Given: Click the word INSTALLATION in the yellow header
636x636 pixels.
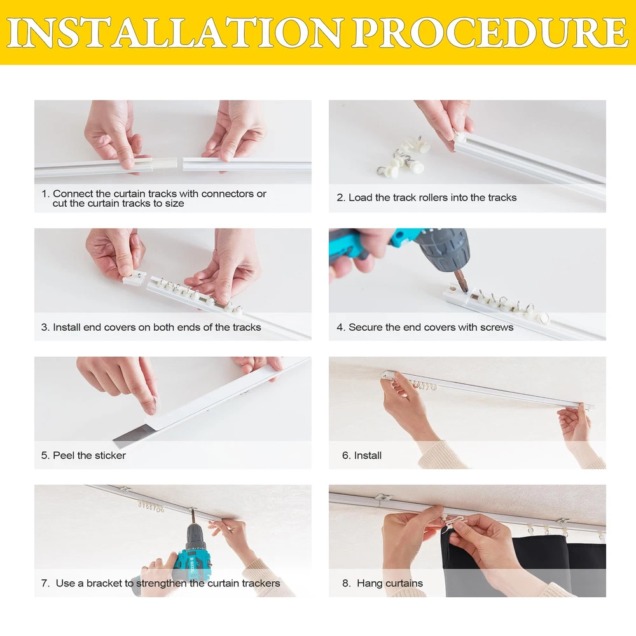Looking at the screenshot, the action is click(174, 32).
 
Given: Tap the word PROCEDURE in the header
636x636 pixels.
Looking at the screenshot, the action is click(490, 32).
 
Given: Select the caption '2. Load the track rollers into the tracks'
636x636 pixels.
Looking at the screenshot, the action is click(427, 198).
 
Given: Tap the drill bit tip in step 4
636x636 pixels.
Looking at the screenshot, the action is click(466, 291).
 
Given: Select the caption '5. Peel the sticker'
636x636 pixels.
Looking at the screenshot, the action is click(83, 455).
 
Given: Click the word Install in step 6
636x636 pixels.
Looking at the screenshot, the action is click(368, 455).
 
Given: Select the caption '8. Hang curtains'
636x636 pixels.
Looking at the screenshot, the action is click(382, 583).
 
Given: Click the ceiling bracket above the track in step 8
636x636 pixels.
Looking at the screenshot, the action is click(382, 497).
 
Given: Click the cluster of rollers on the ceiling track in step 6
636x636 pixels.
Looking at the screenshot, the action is click(422, 385).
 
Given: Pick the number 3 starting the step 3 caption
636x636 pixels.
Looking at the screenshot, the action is click(43, 327).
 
